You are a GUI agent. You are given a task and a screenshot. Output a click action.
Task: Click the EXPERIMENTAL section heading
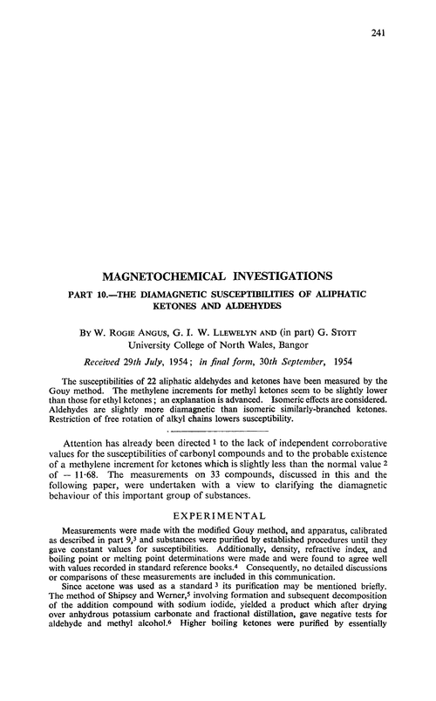click(x=218, y=518)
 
